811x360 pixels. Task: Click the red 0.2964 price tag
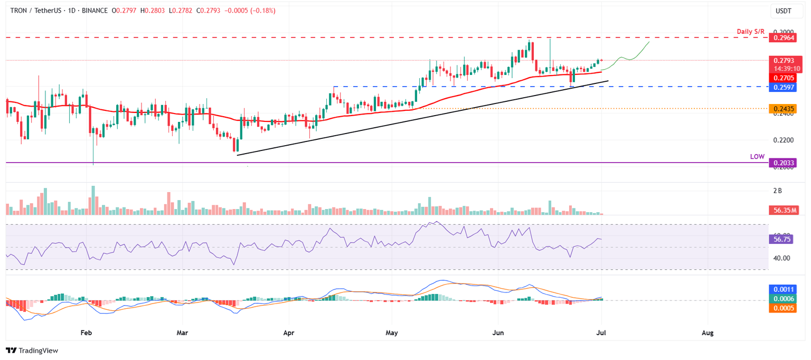tap(781, 38)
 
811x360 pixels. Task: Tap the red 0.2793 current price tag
tap(781, 60)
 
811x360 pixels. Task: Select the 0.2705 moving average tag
tap(781, 78)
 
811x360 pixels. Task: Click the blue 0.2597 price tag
tap(781, 87)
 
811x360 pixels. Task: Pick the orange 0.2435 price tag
tap(781, 109)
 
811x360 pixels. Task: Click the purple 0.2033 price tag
tap(781, 163)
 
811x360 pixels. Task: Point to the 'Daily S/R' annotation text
tap(751, 32)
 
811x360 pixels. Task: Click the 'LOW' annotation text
tap(758, 157)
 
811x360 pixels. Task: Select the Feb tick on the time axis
tap(86, 333)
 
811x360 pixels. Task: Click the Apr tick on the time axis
tap(289, 333)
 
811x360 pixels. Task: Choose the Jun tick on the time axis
tap(498, 333)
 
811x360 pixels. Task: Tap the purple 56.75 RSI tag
tap(781, 239)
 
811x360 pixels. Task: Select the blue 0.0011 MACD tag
tap(781, 289)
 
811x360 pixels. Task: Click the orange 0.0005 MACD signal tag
tap(781, 308)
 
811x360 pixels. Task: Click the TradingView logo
tap(32, 350)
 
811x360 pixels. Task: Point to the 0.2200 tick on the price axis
tap(781, 140)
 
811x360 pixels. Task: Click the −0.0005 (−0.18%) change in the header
tap(251, 11)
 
